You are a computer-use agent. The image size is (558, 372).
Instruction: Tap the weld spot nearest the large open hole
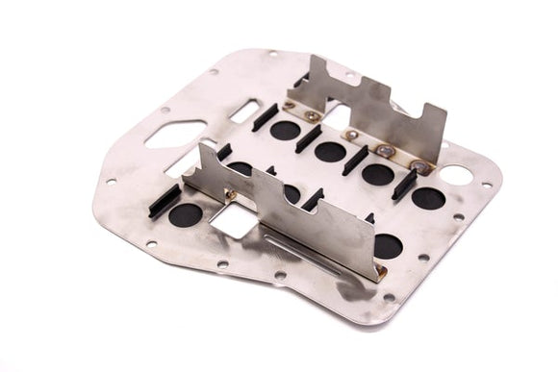(417, 164)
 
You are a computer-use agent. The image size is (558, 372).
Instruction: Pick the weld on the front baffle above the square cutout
(234, 191)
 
